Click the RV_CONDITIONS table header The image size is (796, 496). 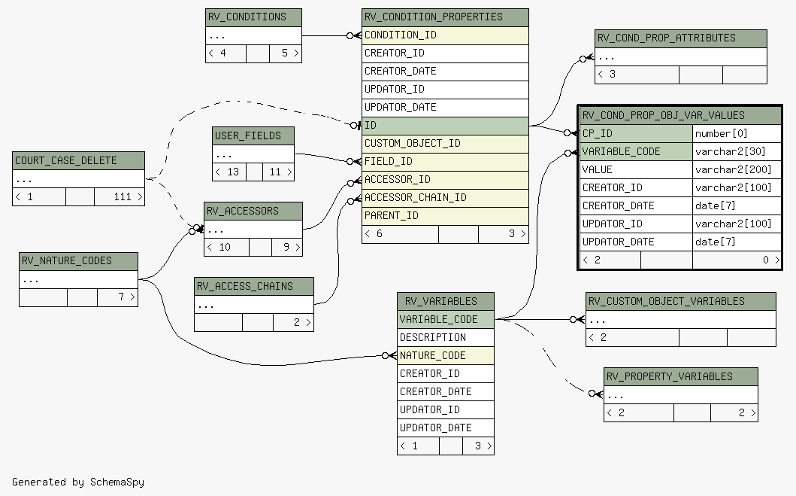pos(253,17)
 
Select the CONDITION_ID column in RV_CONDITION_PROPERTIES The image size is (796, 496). pos(445,35)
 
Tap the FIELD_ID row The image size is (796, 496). pos(445,162)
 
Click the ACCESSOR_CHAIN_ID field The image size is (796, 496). pos(445,198)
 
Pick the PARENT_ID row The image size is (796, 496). pos(445,216)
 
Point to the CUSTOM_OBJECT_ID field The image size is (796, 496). pos(445,143)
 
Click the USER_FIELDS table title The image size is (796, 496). pos(253,135)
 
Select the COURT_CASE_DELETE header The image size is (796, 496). pos(79,160)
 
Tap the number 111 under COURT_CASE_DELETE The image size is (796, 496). pos(123,196)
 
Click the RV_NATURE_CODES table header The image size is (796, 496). pos(79,260)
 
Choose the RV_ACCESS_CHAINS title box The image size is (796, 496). pos(254,286)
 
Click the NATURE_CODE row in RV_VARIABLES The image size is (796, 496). pos(446,356)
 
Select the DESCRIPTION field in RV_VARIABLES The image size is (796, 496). pos(446,337)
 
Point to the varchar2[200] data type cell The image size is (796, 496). pos(737,170)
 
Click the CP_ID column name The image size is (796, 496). pos(636,134)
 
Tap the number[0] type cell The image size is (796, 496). pos(737,134)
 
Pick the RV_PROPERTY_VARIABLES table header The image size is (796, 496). pos(681,376)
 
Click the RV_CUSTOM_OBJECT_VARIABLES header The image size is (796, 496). pos(681,301)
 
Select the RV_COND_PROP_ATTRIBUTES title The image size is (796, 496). pos(681,38)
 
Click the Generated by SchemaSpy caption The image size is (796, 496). pos(78,482)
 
